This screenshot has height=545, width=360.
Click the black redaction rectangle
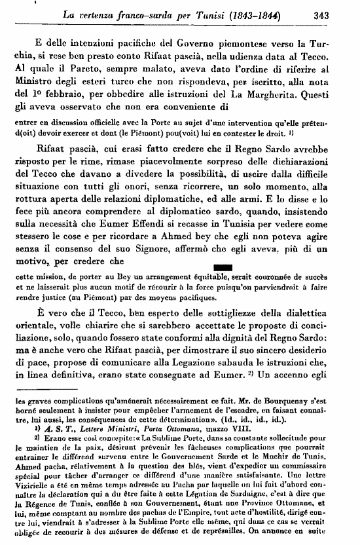point(205,266)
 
